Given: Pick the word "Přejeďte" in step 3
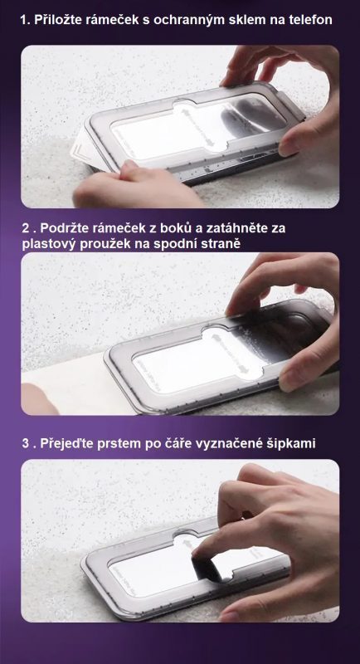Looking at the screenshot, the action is click(x=66, y=444).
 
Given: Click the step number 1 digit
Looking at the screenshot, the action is click(x=24, y=20).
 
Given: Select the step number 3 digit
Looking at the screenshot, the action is click(x=26, y=444).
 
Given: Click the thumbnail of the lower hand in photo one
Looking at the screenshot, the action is click(x=127, y=166).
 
